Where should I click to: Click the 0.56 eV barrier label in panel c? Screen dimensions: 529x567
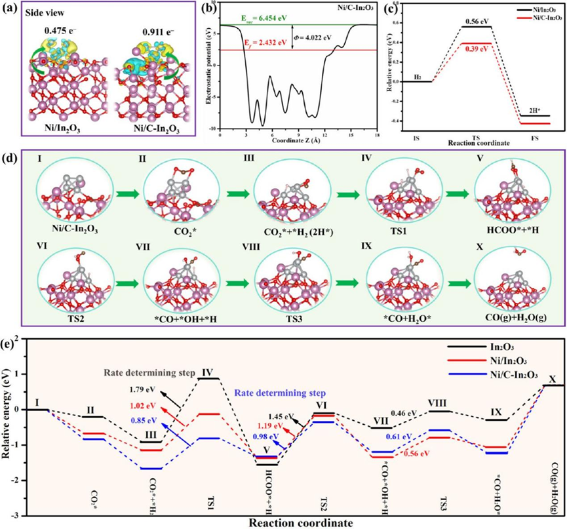click(x=476, y=20)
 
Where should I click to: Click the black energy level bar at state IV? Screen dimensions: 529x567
click(x=208, y=378)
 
